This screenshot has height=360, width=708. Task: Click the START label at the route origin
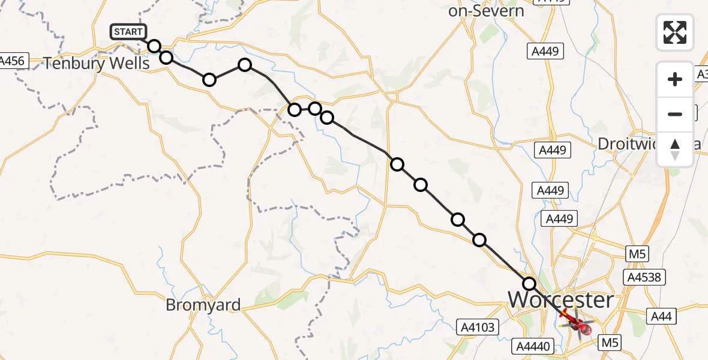128,32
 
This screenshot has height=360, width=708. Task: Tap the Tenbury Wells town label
97,63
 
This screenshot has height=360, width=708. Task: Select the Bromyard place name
203,305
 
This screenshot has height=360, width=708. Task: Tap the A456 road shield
11,61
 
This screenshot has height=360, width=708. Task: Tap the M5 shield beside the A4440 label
611,343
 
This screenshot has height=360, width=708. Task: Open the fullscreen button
675,32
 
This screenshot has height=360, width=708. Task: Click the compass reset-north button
675,149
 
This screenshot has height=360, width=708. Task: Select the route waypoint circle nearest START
154,46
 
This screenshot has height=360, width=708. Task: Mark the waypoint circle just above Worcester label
529,283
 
